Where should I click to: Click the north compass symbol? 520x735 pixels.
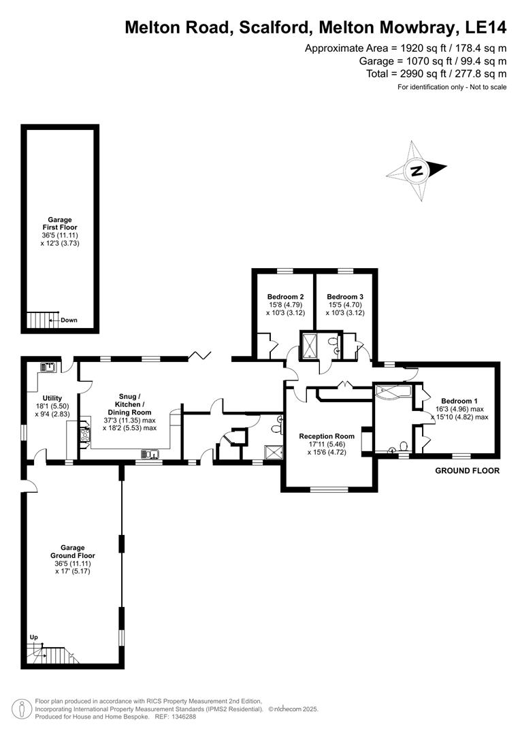tap(416, 170)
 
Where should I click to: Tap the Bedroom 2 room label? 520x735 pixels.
tap(285, 297)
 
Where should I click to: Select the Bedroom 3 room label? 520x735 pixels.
tap(344, 297)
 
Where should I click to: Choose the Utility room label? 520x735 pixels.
tap(52, 397)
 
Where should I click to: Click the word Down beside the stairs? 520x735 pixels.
tap(69, 320)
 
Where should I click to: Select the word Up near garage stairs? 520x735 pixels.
tap(33, 637)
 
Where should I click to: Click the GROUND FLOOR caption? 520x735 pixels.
tap(467, 470)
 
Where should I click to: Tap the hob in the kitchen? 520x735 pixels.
tap(86, 434)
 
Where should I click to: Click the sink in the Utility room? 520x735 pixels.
tap(48, 367)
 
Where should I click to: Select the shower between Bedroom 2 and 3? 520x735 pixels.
tap(310, 344)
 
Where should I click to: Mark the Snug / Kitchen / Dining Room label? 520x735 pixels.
tap(129, 404)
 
